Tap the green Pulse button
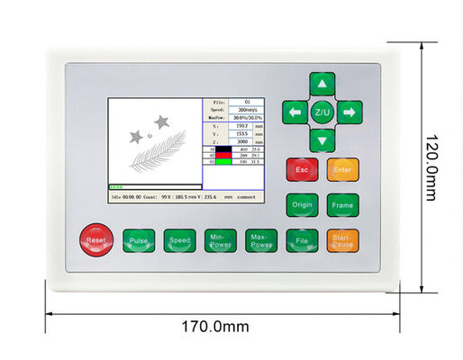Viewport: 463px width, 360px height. pos(139,241)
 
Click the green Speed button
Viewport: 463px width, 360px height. pos(179,241)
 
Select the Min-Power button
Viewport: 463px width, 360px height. pos(220,241)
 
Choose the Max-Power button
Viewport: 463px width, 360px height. pos(261,241)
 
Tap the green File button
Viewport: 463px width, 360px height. pos(302,241)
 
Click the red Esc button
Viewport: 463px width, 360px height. pos(302,169)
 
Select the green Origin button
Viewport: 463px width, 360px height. pos(302,205)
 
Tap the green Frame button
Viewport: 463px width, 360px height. pos(342,205)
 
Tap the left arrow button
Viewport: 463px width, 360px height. pos(295,112)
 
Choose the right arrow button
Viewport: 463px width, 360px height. pos(349,112)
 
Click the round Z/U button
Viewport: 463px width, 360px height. pos(322,112)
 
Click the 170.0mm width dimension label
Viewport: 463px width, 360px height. pos(222,327)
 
